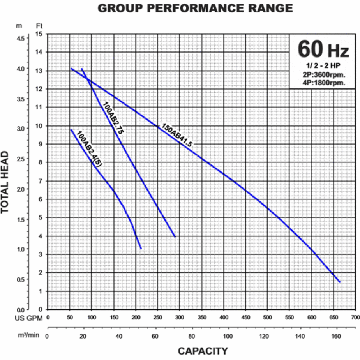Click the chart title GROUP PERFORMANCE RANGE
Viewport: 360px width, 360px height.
(x=195, y=8)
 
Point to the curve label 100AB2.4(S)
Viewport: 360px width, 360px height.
(x=89, y=150)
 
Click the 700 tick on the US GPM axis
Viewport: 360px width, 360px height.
(x=354, y=318)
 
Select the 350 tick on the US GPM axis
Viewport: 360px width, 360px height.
(x=201, y=318)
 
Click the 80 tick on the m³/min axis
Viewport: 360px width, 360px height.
(x=191, y=336)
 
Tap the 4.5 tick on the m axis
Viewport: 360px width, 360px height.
(x=20, y=38)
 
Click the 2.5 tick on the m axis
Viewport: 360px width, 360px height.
(x=20, y=159)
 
